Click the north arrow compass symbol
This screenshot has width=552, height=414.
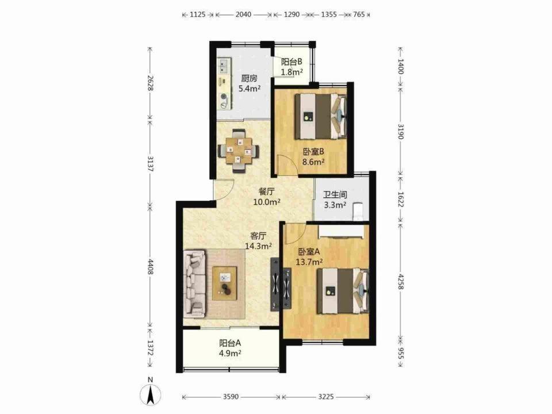tap(151, 393)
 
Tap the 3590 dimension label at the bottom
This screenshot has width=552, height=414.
tap(231, 397)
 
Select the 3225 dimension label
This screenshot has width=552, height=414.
tap(325, 397)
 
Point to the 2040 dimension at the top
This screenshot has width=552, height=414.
tap(243, 14)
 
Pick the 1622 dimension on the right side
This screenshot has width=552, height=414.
tap(400, 199)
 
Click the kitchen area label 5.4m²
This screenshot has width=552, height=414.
tap(250, 89)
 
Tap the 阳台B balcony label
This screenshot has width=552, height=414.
tap(292, 62)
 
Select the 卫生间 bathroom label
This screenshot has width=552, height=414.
tap(335, 195)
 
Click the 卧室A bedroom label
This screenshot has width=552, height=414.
tap(309, 252)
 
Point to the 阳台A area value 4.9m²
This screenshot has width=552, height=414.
tap(230, 353)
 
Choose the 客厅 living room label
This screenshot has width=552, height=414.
tap(258, 236)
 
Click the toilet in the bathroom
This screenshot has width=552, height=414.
tap(358, 211)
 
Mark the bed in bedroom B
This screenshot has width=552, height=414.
tap(320, 116)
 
